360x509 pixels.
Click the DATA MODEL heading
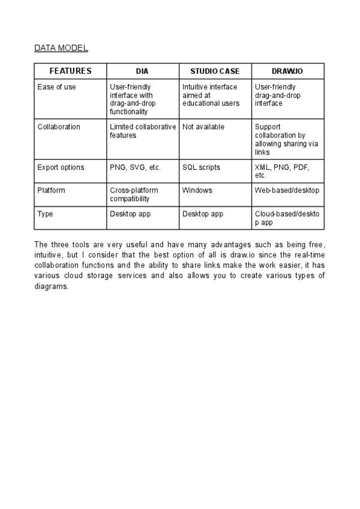(61, 48)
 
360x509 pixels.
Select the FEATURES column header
(70, 71)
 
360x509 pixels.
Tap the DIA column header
(142, 71)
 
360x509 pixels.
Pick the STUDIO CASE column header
(215, 71)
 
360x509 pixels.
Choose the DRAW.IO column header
(287, 71)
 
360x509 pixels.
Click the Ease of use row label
(56, 87)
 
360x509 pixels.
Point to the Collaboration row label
(58, 127)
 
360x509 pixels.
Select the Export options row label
(61, 167)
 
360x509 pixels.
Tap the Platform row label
(51, 190)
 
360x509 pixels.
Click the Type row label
(45, 214)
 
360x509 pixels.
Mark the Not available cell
(203, 127)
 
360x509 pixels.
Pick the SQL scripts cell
(201, 167)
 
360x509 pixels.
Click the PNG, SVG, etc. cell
(135, 167)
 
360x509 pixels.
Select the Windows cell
(197, 190)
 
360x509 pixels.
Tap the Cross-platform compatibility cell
(134, 194)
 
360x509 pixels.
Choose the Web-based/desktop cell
(287, 190)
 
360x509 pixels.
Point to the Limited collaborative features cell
(143, 131)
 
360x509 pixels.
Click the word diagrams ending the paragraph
(51, 286)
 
